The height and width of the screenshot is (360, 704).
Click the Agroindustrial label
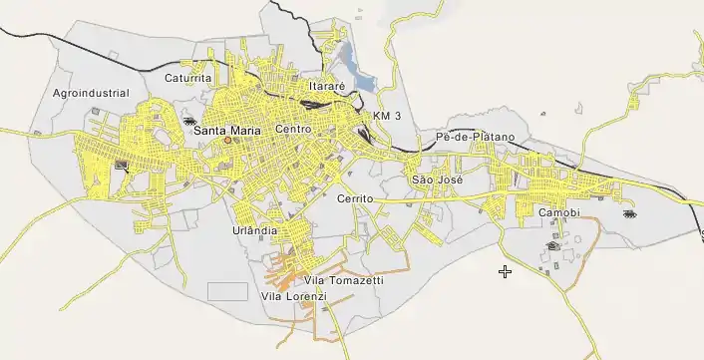click(x=91, y=93)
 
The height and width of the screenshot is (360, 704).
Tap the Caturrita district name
click(x=188, y=77)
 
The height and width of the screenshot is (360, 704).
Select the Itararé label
click(x=326, y=86)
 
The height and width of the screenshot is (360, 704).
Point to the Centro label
click(x=293, y=130)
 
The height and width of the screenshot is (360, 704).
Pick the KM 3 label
click(x=386, y=117)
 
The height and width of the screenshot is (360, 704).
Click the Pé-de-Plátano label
click(x=475, y=136)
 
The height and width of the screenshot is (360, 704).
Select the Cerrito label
click(x=355, y=199)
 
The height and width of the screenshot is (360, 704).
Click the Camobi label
click(x=558, y=213)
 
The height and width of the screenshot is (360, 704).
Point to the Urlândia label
click(x=254, y=230)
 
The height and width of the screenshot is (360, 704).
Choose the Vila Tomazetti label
click(x=344, y=281)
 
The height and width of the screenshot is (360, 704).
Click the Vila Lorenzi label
click(x=293, y=297)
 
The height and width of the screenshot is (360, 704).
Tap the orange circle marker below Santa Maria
click(x=227, y=142)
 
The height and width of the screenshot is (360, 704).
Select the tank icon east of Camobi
click(x=629, y=213)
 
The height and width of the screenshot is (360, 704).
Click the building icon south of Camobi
click(x=552, y=245)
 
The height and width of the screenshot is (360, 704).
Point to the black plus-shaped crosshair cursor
click(x=506, y=271)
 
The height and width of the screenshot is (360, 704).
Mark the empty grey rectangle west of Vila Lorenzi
click(x=227, y=291)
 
